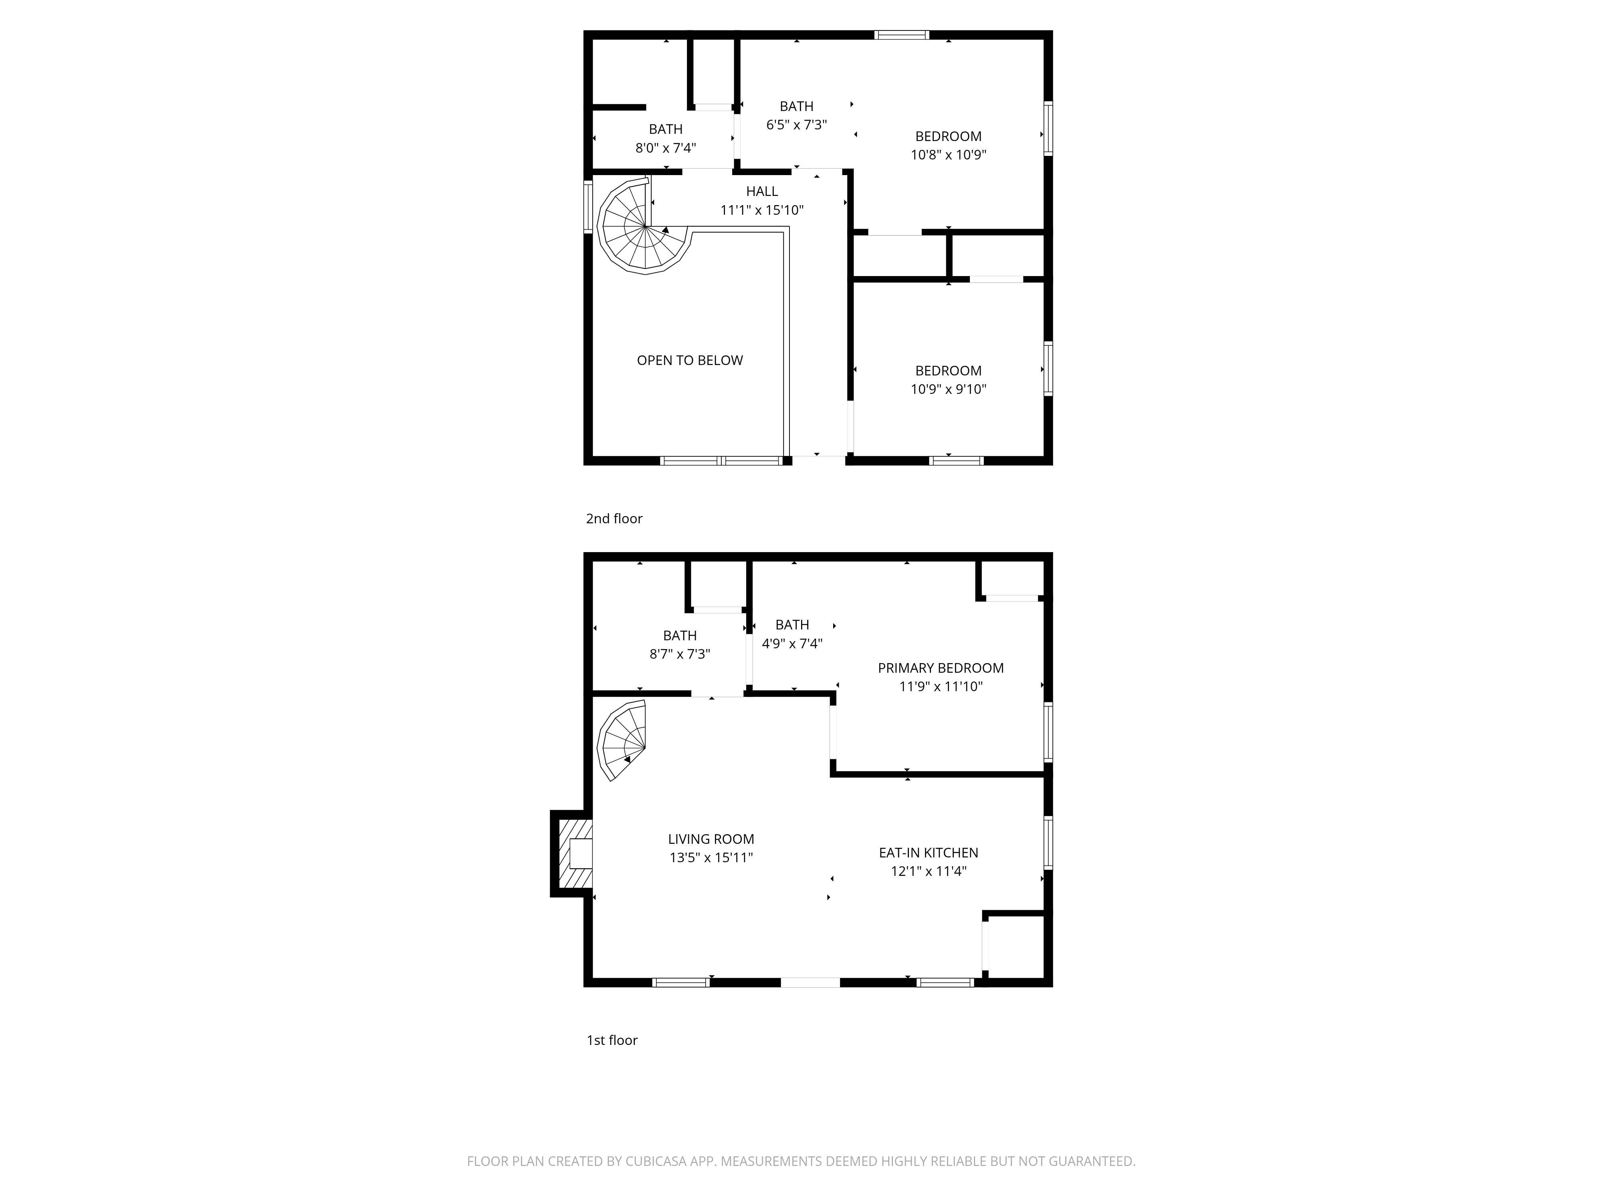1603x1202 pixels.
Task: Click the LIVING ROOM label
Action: click(711, 839)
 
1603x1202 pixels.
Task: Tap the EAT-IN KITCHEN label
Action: click(928, 853)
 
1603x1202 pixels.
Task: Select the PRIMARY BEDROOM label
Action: click(941, 668)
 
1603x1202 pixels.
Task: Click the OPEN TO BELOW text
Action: click(690, 360)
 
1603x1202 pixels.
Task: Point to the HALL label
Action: click(762, 191)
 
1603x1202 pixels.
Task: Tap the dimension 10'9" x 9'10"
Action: click(949, 389)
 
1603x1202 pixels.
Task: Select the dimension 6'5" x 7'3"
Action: click(796, 125)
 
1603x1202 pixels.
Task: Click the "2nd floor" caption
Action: click(614, 519)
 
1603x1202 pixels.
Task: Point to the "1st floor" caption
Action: click(612, 1041)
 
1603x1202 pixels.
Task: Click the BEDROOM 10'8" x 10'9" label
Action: click(949, 145)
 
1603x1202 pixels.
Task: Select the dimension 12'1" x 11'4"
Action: click(928, 871)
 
